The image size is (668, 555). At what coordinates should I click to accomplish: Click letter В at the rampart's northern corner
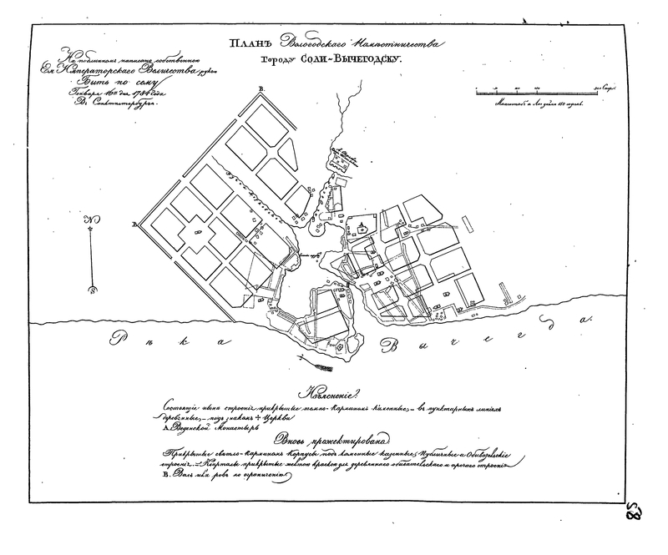pyautogui.click(x=261, y=88)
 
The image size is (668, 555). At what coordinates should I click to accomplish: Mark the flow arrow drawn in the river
pyautogui.click(x=299, y=357)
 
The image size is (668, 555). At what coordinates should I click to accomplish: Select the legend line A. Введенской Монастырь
pyautogui.click(x=209, y=424)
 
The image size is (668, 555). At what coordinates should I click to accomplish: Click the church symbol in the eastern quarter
pyautogui.click(x=362, y=226)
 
